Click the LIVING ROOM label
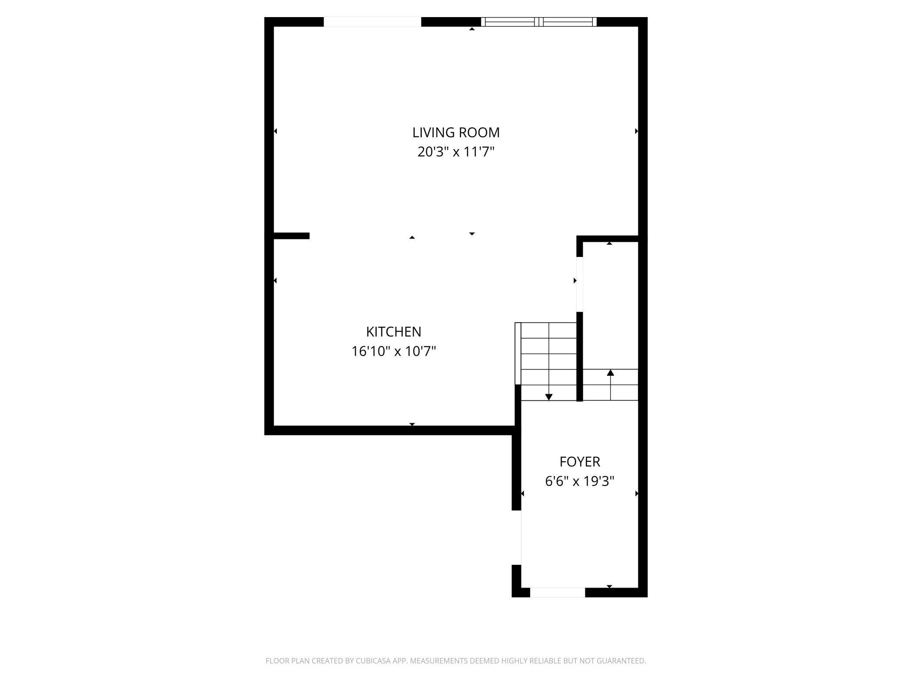tap(456, 132)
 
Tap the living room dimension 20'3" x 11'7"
tap(456, 152)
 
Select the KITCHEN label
tap(393, 332)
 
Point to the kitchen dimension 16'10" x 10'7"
tap(393, 352)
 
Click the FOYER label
tap(580, 462)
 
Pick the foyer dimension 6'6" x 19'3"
tap(580, 481)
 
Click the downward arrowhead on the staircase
tap(549, 397)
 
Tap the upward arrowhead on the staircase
tap(610, 373)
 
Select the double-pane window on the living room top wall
tap(539, 22)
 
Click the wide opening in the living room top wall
tap(372, 22)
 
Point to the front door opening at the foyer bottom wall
tap(557, 592)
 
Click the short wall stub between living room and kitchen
tap(292, 236)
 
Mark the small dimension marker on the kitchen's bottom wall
tap(412, 424)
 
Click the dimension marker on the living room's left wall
tap(275, 131)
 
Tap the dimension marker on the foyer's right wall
tap(637, 494)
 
